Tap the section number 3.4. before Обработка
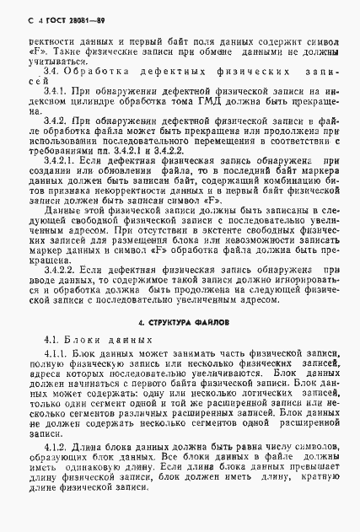click(51, 74)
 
